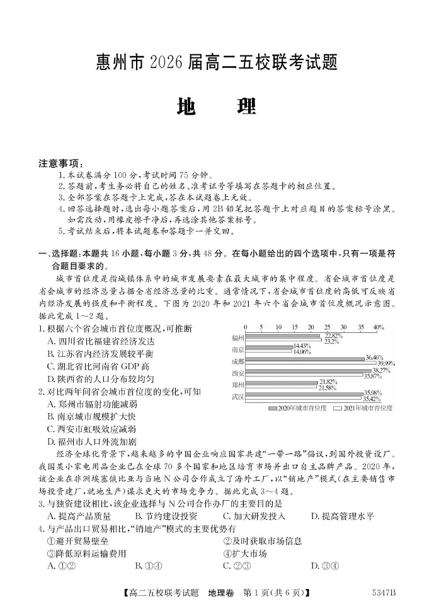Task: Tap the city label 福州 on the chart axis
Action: coord(237,337)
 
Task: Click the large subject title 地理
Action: coord(217,106)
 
